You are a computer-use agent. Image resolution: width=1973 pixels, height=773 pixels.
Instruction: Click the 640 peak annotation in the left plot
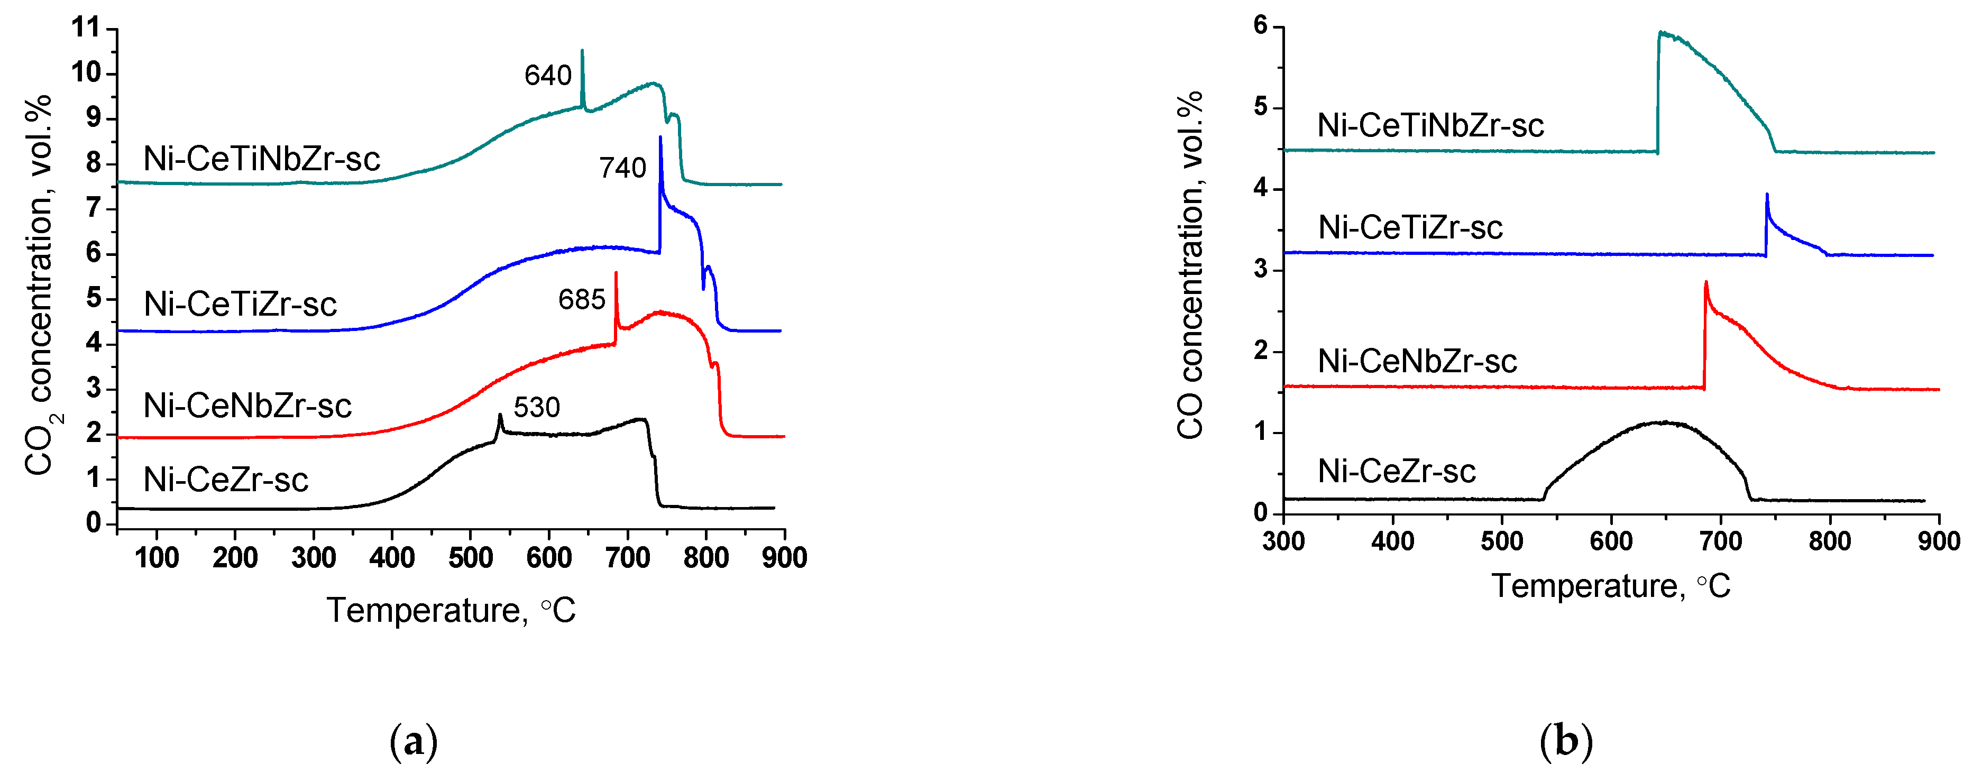point(548,75)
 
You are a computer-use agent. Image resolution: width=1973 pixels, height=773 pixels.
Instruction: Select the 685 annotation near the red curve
point(581,300)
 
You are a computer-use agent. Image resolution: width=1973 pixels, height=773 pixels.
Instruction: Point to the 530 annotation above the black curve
point(536,407)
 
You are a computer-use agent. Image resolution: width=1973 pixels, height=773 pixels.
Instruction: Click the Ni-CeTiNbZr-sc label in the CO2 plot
point(261,159)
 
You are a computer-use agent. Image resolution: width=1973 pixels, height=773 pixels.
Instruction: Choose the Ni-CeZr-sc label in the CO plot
point(1396,471)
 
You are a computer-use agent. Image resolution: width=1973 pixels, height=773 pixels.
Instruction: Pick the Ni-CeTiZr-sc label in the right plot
point(1410,227)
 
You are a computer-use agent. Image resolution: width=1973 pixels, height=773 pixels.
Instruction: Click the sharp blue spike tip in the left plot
point(660,138)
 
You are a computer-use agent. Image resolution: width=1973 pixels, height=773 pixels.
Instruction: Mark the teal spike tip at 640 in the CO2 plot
point(582,51)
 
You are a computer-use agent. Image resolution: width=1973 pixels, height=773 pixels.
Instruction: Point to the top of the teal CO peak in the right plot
point(1660,32)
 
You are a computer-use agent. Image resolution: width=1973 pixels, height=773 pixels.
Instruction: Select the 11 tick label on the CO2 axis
point(86,27)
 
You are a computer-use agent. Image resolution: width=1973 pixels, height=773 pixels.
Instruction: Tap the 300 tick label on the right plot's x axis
point(1283,541)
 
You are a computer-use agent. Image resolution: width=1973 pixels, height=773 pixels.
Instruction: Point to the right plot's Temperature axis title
point(1611,586)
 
